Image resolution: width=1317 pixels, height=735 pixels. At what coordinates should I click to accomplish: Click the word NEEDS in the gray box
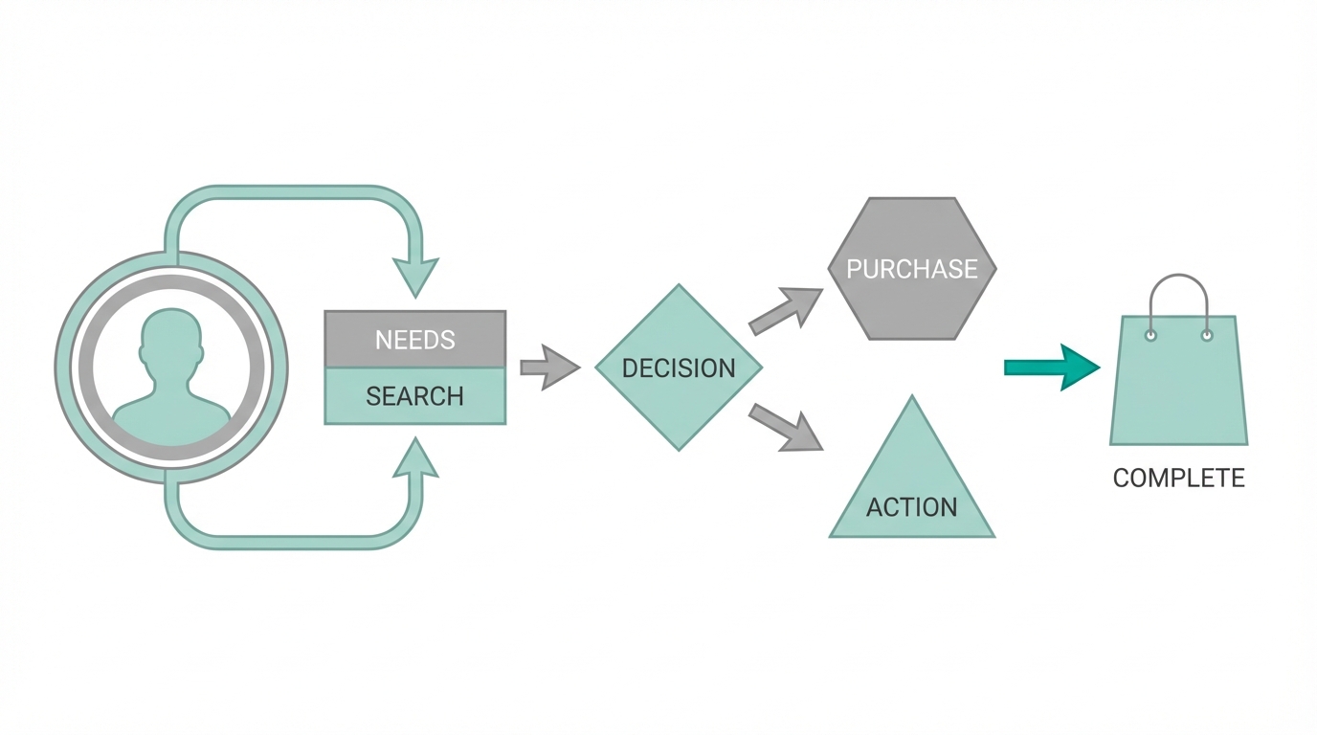tap(414, 340)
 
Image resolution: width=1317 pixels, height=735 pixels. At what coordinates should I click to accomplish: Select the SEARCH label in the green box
tap(414, 396)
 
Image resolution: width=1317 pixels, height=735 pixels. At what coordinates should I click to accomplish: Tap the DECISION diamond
tap(679, 367)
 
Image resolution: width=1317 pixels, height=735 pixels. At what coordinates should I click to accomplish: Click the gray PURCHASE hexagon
tap(911, 269)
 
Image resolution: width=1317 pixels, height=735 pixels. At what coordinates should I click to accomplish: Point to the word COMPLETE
tap(1178, 479)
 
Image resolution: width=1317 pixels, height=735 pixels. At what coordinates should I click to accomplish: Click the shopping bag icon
tap(1178, 388)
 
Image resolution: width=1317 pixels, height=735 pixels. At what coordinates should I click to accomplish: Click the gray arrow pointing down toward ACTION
tap(787, 427)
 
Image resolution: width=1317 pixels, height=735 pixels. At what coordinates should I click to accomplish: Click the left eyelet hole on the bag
tap(1150, 335)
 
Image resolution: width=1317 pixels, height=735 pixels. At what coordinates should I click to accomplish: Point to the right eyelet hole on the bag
tap(1207, 335)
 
